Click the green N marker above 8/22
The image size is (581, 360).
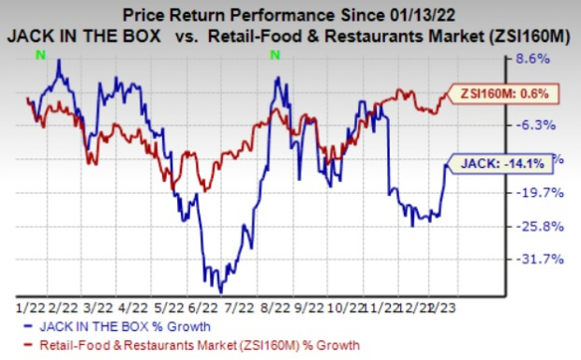coord(275,55)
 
